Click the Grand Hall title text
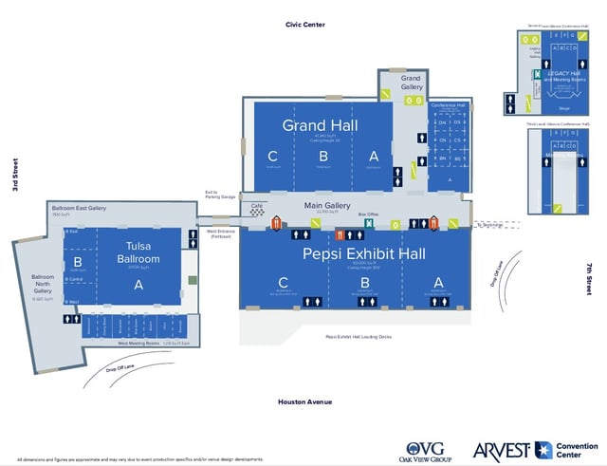(320, 126)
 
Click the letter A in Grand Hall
(374, 156)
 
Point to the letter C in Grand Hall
(272, 156)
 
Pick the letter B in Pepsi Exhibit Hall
(361, 282)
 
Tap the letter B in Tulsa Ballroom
(79, 262)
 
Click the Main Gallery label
(327, 206)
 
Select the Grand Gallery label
(411, 83)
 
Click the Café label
(256, 204)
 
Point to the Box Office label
(369, 214)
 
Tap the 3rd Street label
(15, 177)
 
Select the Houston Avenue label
(304, 401)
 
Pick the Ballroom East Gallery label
(78, 207)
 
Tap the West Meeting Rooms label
(137, 343)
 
